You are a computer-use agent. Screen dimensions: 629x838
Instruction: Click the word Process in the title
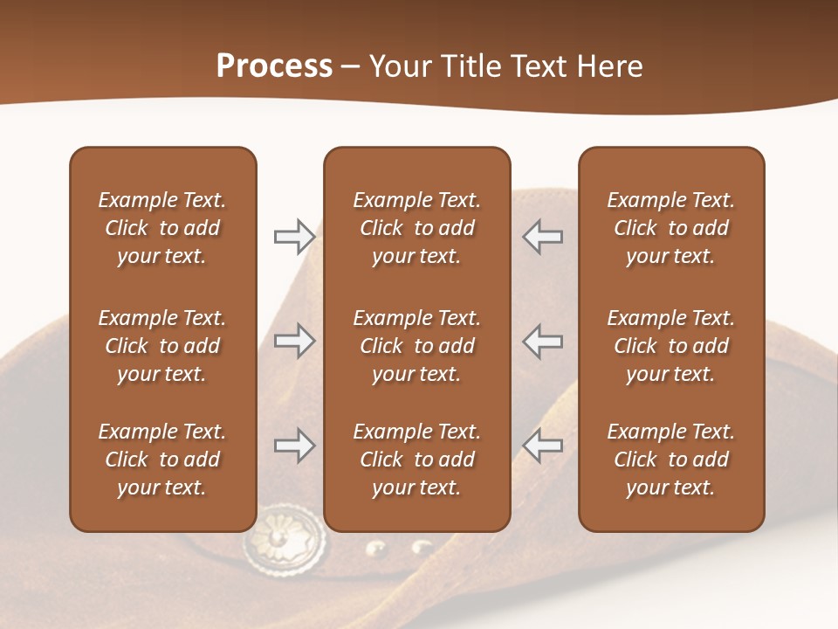tap(274, 66)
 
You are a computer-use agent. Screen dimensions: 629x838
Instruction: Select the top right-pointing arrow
tap(294, 236)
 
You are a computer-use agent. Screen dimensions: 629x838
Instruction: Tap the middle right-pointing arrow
tap(294, 341)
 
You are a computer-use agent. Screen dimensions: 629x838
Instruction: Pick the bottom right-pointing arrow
tap(294, 446)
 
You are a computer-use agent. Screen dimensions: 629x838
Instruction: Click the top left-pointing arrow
tap(543, 236)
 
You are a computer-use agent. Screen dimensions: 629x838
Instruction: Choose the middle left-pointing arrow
tap(543, 341)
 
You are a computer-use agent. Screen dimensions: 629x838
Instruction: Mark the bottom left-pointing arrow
tap(543, 446)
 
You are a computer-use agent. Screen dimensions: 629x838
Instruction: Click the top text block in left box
tap(162, 228)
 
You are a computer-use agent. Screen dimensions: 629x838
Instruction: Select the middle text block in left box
tap(162, 346)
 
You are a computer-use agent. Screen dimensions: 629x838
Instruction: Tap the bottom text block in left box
tap(162, 460)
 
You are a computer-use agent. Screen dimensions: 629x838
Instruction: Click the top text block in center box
tap(417, 228)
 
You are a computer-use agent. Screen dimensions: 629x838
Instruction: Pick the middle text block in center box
tap(417, 346)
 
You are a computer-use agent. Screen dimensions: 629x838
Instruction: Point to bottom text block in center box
tap(417, 460)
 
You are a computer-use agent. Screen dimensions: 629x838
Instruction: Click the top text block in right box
tap(671, 228)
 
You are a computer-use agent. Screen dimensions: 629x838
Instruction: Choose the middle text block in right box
tap(671, 346)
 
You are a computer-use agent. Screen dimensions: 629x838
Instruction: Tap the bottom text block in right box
tap(671, 460)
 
